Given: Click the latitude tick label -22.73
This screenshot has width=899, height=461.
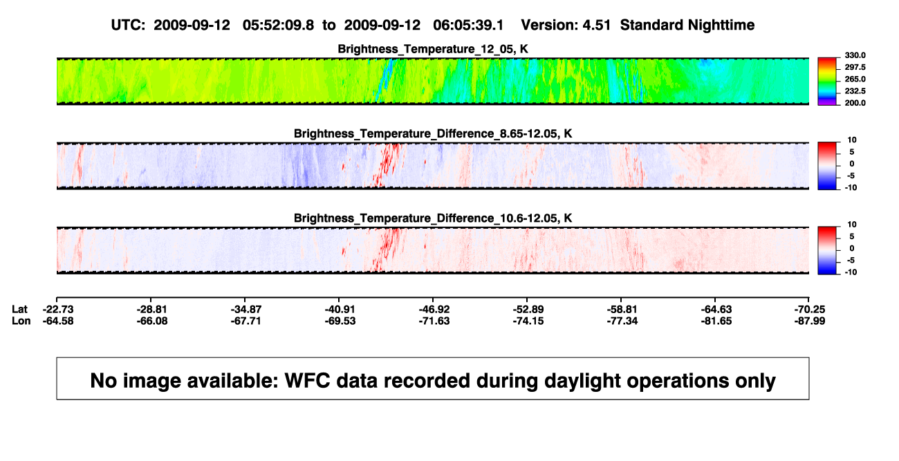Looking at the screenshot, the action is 58,310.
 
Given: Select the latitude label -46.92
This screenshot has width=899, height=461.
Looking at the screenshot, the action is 434,310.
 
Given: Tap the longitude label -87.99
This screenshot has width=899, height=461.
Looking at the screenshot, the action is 810,321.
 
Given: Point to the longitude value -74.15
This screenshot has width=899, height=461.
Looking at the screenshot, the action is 528,321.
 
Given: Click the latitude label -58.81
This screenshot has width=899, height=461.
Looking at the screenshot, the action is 622,310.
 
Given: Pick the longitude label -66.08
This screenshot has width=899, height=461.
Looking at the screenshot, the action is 152,321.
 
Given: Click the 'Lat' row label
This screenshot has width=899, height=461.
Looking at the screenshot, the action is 19,310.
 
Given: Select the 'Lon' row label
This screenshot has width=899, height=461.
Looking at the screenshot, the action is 21,321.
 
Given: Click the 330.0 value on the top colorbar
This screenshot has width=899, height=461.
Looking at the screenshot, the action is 855,55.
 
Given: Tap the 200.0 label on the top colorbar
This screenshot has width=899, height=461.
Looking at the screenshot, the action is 855,103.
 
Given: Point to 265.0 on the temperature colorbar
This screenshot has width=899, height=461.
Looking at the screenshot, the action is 855,79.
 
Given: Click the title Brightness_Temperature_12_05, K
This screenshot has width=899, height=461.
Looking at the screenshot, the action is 433,49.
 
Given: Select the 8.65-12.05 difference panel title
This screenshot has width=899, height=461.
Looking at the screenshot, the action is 433,133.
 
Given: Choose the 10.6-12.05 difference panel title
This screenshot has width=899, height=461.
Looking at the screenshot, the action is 433,218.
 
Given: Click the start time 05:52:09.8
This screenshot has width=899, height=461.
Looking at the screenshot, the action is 278,26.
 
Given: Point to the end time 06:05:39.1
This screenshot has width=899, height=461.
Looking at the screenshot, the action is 468,26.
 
